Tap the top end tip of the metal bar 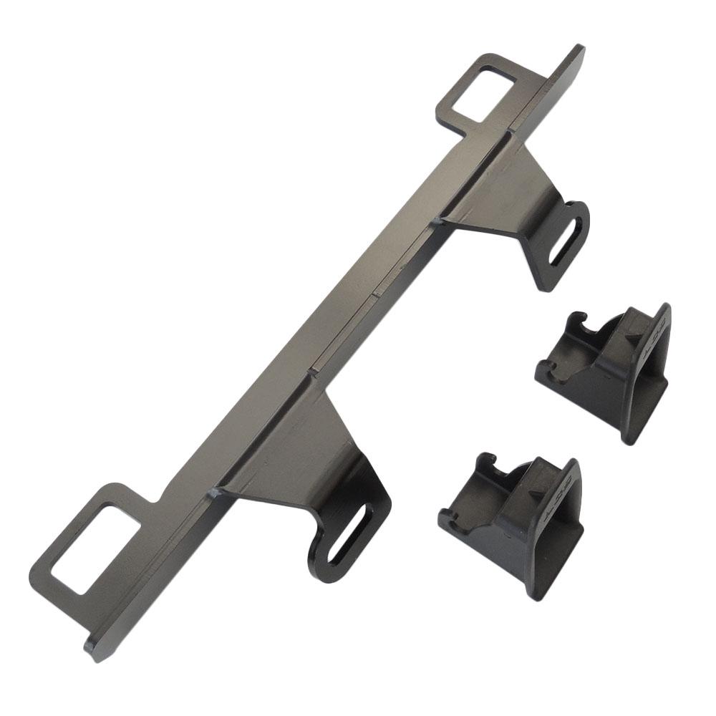(576, 52)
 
